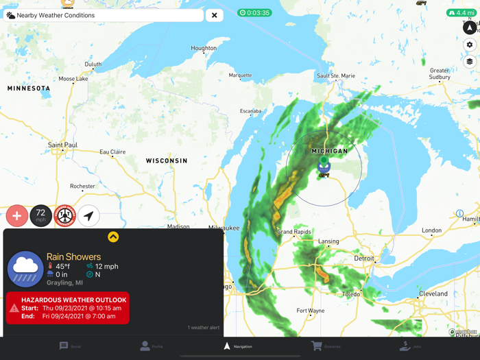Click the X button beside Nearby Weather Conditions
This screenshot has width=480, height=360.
coord(215,15)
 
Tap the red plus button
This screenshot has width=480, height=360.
coord(17,216)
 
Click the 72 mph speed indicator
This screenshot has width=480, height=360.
coord(41,216)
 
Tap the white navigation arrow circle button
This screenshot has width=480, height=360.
coord(88,216)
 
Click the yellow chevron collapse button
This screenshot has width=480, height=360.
coord(113,237)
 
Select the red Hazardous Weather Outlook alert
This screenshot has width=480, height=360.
coord(67,308)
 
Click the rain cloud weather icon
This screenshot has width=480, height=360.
coord(25,268)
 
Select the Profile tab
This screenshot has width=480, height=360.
coord(152,346)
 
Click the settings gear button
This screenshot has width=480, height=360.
coord(470,45)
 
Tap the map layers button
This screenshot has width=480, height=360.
coord(470,62)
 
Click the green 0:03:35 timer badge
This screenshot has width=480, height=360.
coord(254,12)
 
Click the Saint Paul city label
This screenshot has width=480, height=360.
coord(62,145)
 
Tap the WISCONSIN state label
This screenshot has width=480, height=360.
coord(167,160)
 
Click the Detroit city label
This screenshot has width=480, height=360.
coord(364,259)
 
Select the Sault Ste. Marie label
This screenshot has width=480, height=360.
coord(336,75)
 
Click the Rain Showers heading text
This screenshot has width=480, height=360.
coord(73,256)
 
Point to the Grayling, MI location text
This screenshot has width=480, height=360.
coord(64,283)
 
